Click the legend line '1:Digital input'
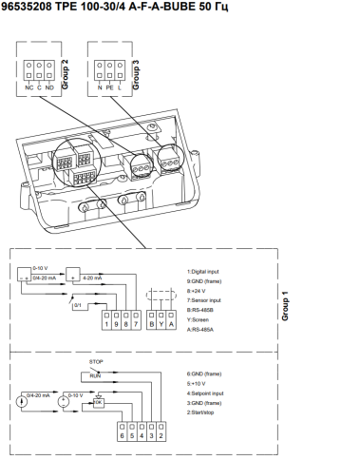tap(206, 272)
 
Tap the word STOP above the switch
tap(96, 362)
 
